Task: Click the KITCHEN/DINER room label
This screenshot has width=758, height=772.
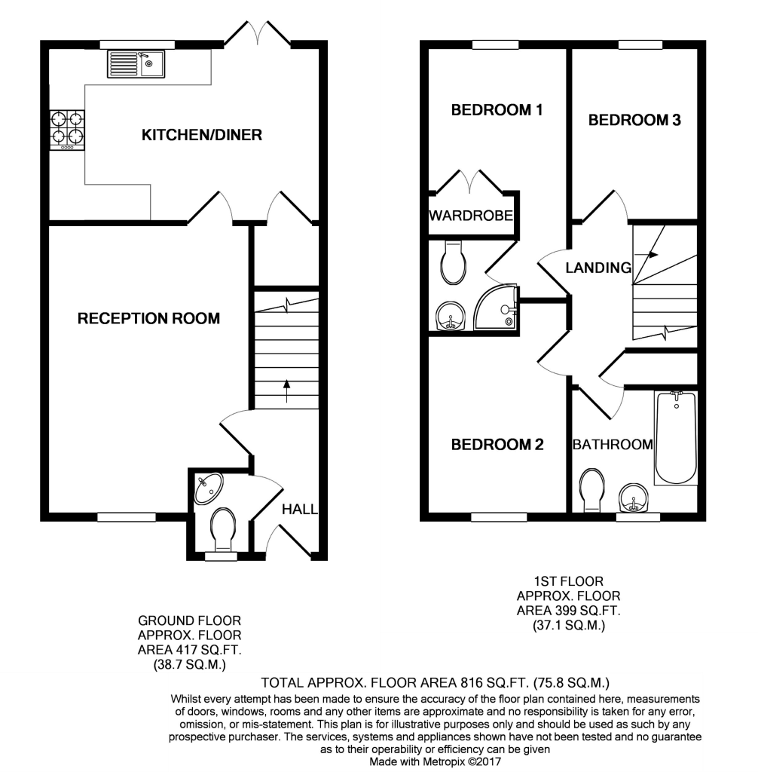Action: tap(202, 135)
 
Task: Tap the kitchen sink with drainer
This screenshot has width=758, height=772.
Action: tap(136, 64)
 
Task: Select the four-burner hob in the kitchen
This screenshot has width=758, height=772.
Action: tap(67, 130)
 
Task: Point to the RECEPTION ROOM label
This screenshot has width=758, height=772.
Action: tap(148, 319)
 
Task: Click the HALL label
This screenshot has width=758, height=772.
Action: tap(300, 509)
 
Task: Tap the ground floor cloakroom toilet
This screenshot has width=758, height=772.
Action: tap(223, 530)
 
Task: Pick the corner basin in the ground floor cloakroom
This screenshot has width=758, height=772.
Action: tap(208, 488)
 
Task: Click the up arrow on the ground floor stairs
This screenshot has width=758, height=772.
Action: tap(286, 391)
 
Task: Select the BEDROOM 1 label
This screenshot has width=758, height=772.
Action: tap(497, 110)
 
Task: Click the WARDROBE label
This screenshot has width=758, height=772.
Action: tap(471, 215)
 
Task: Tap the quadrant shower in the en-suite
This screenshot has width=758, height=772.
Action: tap(495, 307)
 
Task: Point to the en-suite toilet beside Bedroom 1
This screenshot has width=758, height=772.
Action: tap(454, 262)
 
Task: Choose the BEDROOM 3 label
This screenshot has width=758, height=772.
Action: tap(634, 120)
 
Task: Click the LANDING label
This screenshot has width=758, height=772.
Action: tap(598, 268)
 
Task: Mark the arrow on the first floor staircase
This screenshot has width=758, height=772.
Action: tap(646, 255)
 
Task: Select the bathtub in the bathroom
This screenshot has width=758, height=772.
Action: tap(676, 438)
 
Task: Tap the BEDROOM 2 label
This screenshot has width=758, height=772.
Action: tap(497, 445)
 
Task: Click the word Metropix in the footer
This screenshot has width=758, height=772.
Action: tap(441, 761)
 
